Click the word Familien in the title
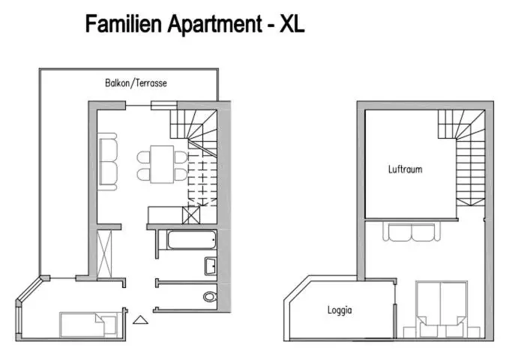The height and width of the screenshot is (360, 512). [124, 24]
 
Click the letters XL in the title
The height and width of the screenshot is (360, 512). [292, 24]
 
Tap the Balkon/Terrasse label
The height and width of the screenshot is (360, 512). [136, 83]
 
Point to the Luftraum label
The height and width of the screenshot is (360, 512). [405, 169]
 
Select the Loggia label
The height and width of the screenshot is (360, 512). [340, 310]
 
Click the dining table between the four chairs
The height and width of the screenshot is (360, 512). [162, 164]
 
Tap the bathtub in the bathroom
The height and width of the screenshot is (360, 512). [192, 240]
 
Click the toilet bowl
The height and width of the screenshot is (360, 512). [210, 297]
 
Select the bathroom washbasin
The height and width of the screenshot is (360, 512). [211, 266]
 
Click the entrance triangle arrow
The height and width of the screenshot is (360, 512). [140, 320]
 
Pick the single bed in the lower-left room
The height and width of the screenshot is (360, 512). [88, 325]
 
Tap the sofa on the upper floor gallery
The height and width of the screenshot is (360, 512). [412, 232]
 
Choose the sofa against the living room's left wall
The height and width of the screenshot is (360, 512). [108, 161]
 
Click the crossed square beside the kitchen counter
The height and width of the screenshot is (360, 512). [191, 215]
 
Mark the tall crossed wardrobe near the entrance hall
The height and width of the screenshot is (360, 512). [104, 254]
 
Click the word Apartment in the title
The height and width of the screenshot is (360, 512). [215, 25]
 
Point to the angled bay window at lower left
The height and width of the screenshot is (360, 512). [29, 289]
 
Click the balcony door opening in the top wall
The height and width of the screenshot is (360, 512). [138, 106]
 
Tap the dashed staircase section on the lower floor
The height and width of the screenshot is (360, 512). [202, 178]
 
